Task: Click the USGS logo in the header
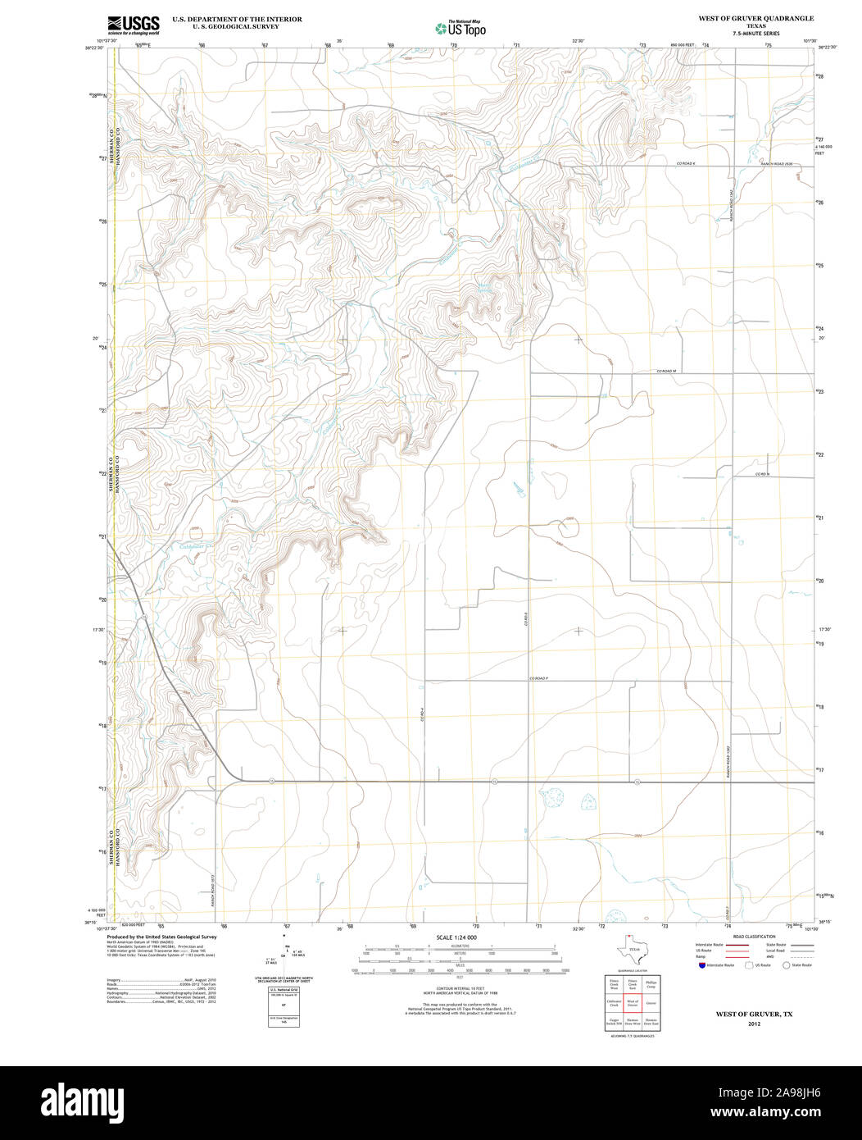click(x=133, y=25)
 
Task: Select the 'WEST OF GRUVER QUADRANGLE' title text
click(x=755, y=18)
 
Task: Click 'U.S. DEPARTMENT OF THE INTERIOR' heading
click(x=237, y=19)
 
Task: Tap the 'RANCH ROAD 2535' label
click(x=777, y=164)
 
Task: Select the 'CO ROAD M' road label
click(x=665, y=372)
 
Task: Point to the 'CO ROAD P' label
click(x=538, y=678)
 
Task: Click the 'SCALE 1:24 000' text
click(x=456, y=937)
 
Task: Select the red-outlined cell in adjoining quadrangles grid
click(x=633, y=1002)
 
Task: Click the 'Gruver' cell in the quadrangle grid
click(x=651, y=1002)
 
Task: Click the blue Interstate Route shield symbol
click(x=701, y=965)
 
